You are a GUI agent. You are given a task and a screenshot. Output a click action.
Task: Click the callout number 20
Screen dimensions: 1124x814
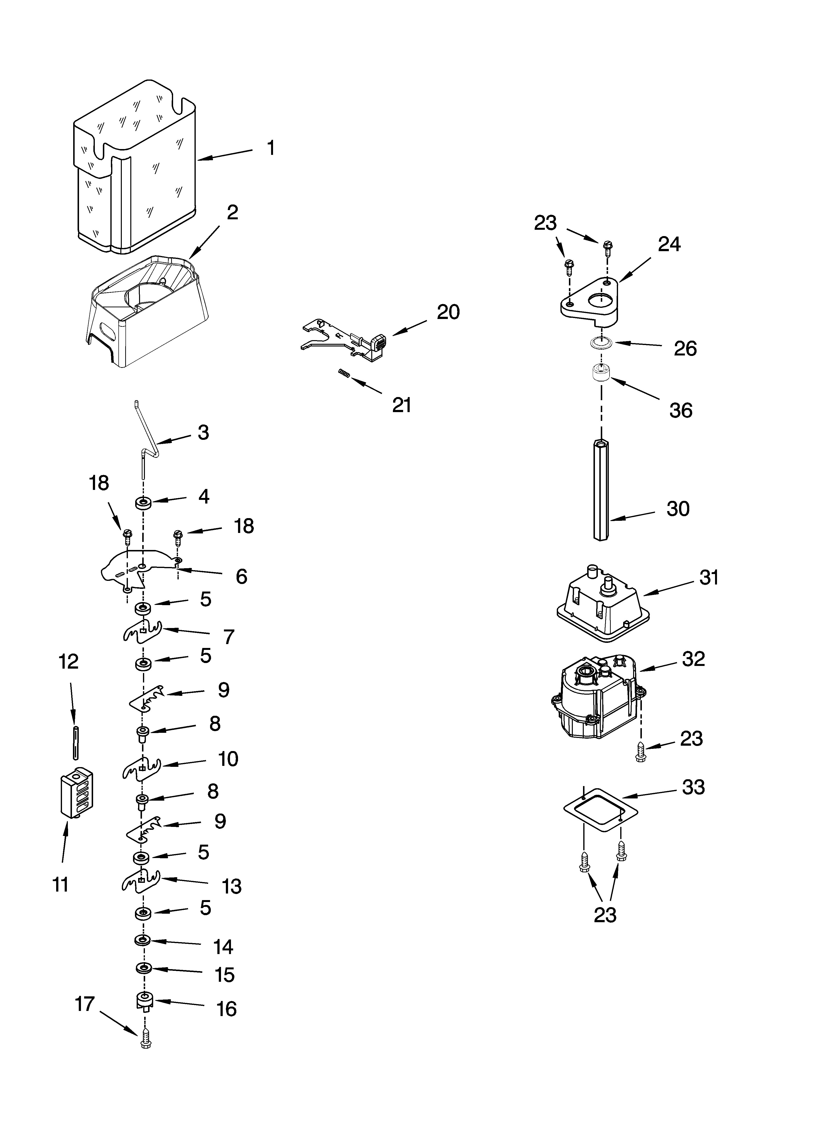448,312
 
